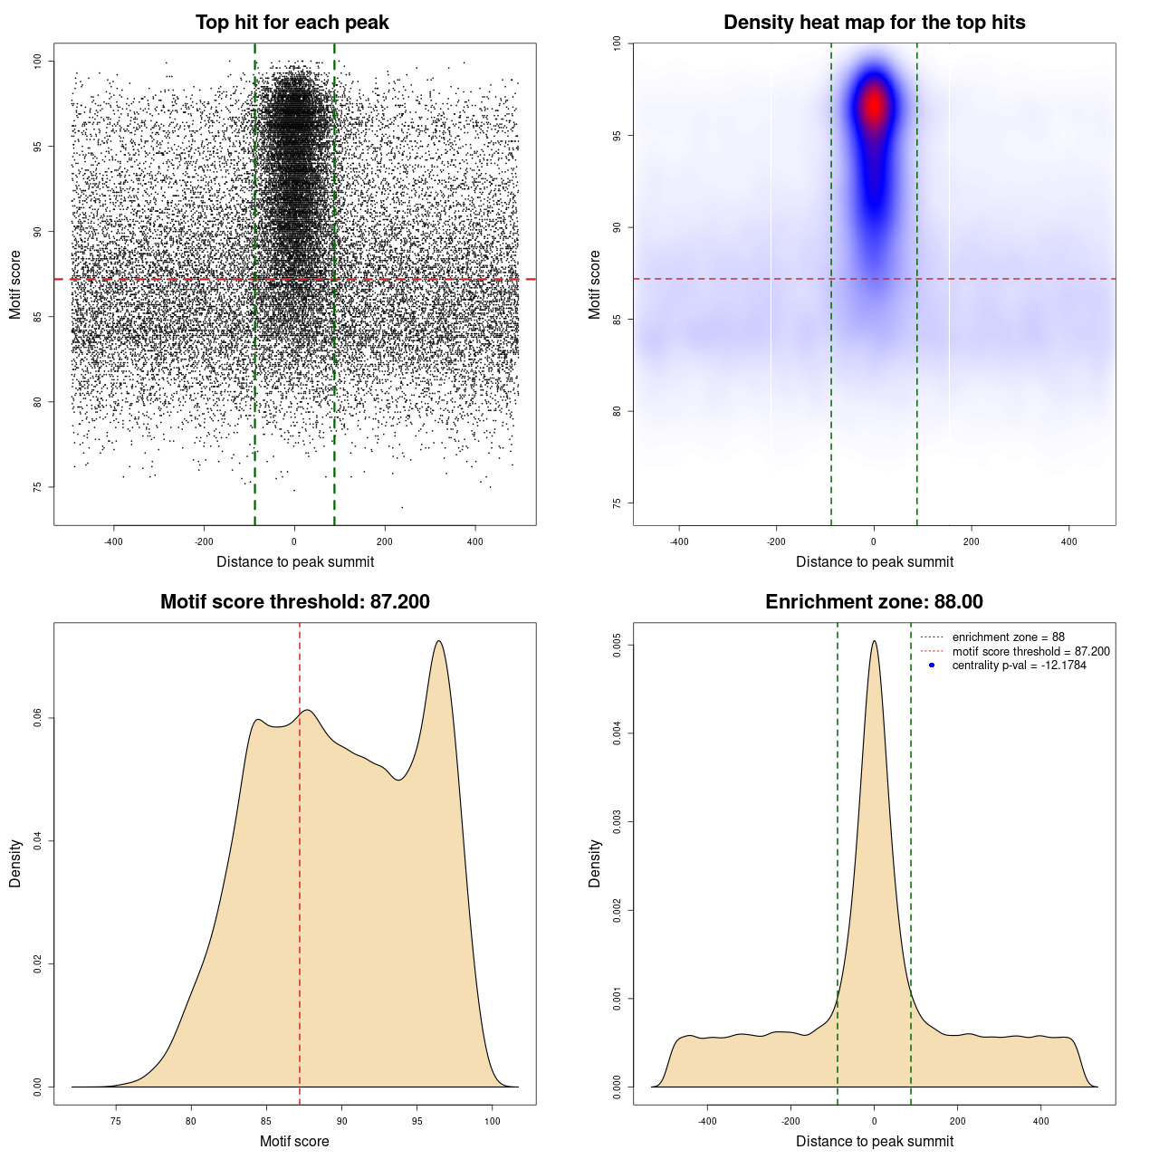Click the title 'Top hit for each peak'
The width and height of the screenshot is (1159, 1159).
[x=292, y=23]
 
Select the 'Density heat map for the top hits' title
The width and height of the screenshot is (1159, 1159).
[x=874, y=23]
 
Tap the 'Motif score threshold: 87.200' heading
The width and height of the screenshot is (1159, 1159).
[x=294, y=602]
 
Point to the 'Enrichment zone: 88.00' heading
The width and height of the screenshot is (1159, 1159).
[x=874, y=602]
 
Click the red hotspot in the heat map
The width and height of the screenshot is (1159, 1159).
[x=874, y=105]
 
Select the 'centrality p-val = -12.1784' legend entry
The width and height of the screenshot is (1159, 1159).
[x=1019, y=666]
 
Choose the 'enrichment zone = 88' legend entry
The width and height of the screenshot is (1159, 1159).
[x=1008, y=637]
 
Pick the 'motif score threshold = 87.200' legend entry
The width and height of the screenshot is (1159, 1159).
[x=1030, y=652]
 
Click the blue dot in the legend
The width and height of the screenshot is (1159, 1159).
[x=932, y=666]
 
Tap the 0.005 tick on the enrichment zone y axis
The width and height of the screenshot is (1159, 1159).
[x=618, y=646]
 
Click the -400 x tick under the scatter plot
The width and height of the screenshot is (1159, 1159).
[x=113, y=541]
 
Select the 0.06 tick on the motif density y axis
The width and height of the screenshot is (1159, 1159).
[x=38, y=718]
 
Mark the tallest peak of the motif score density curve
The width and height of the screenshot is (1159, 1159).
[x=439, y=641]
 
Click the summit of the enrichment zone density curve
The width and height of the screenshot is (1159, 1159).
[x=874, y=641]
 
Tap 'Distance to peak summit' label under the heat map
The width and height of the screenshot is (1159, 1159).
[x=874, y=561]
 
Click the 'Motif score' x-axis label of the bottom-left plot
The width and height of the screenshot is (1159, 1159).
[x=294, y=1141]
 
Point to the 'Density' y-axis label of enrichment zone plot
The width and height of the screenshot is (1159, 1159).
[x=595, y=863]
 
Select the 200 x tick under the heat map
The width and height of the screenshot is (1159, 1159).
[x=971, y=541]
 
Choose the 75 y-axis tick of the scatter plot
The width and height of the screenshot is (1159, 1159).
[x=38, y=487]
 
